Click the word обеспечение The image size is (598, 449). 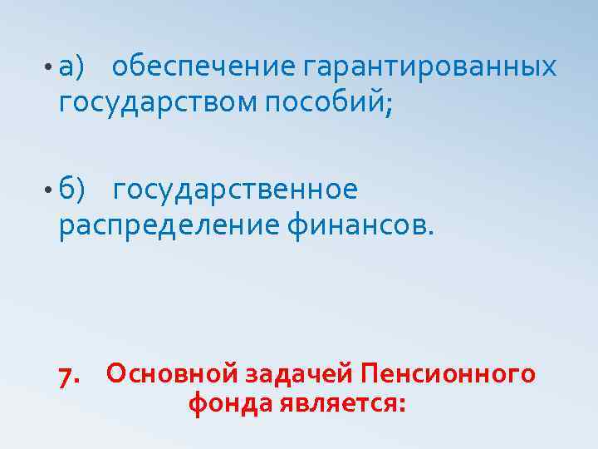click(x=203, y=66)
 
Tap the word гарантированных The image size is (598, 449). click(x=429, y=66)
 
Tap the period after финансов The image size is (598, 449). click(x=430, y=234)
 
